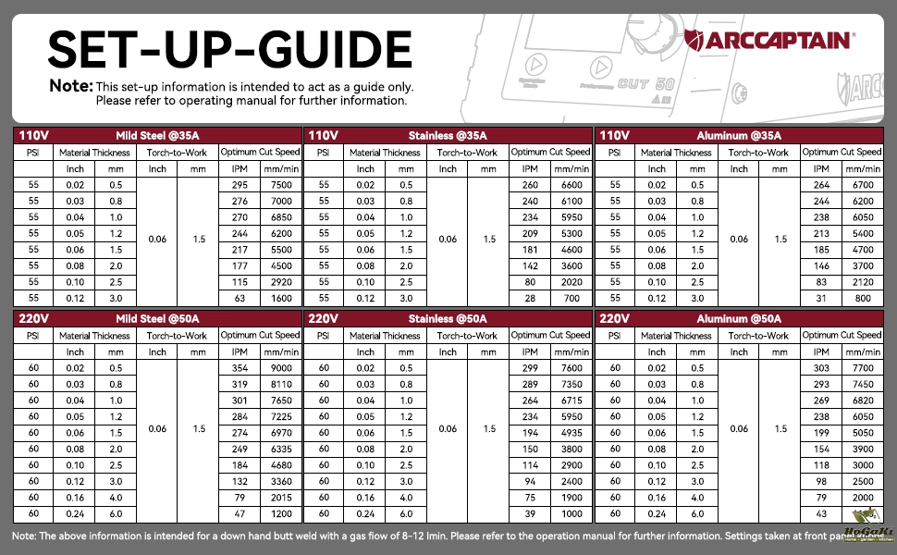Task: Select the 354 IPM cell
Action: pyautogui.click(x=240, y=368)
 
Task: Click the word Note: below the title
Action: pyautogui.click(x=70, y=86)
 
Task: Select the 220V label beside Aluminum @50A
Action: pyautogui.click(x=615, y=319)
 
